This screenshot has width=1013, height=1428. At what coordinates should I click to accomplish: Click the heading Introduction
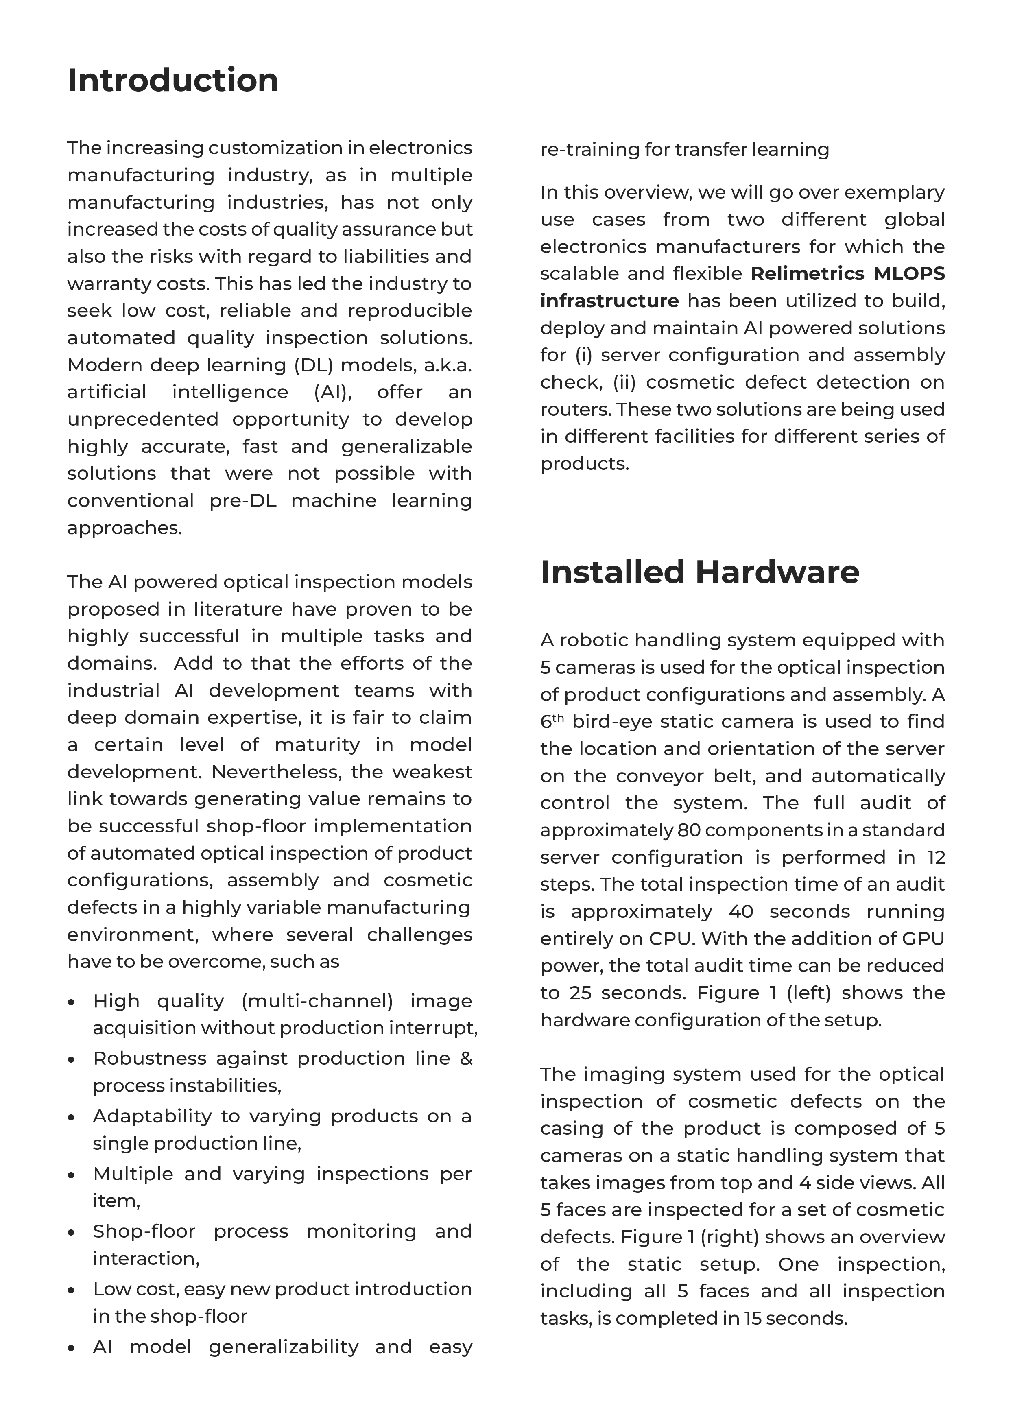(x=173, y=81)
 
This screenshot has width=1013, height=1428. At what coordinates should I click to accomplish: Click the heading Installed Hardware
(x=699, y=572)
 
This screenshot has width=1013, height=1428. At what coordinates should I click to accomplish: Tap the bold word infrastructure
(x=609, y=301)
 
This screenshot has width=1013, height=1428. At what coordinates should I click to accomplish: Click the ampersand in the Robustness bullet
(x=466, y=1058)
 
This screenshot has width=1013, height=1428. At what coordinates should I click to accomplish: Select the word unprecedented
(x=143, y=419)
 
